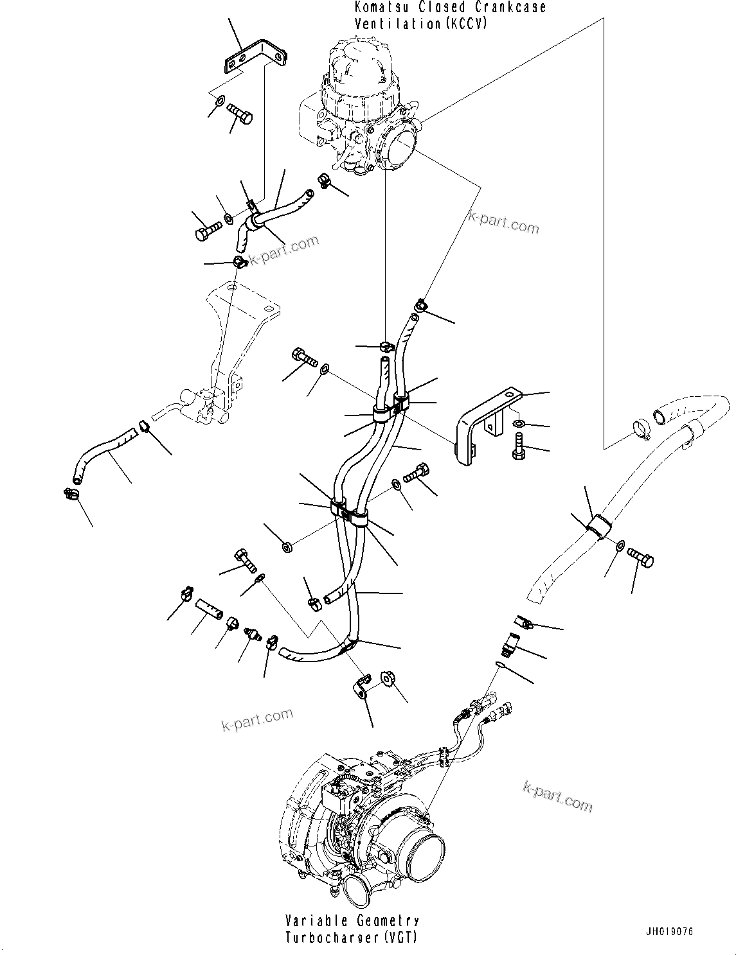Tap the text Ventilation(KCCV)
tap(420, 24)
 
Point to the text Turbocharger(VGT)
tap(352, 938)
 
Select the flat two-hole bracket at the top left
tap(253, 55)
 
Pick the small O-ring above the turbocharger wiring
tap(501, 665)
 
